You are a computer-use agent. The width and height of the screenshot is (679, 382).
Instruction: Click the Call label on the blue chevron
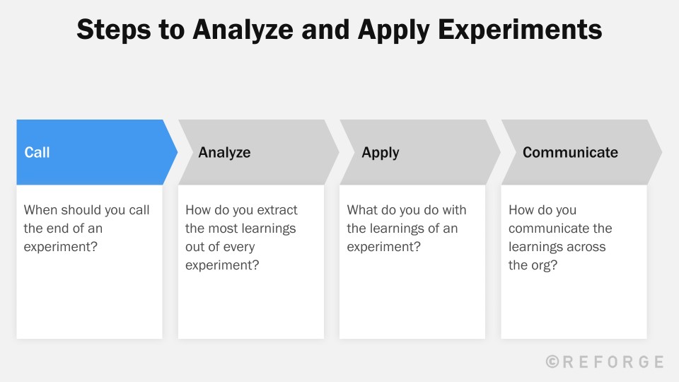coord(37,152)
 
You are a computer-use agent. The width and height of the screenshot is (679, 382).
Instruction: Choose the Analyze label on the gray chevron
coord(224,152)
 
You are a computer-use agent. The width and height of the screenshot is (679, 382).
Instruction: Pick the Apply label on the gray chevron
coord(381,152)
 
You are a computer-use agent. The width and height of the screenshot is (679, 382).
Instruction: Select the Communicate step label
coord(570,152)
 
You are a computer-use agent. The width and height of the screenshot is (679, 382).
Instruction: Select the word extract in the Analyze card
coord(275,210)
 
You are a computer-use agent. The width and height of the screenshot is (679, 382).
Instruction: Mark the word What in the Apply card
coord(362,210)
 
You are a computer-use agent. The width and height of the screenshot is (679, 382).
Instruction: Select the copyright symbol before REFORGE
coord(553,361)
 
